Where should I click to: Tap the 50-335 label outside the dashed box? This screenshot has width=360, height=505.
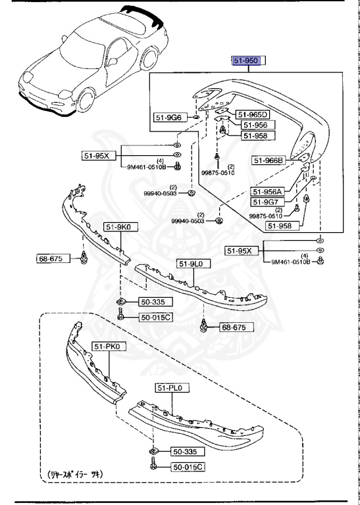155,302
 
